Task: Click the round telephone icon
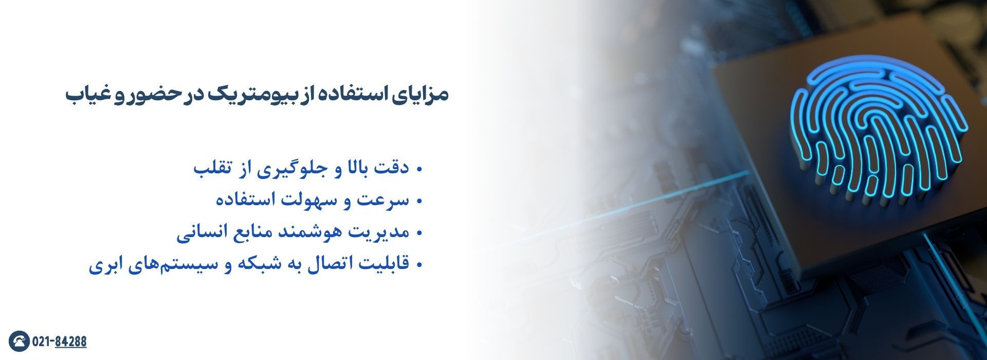coord(19,341)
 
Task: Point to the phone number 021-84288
coord(60,341)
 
